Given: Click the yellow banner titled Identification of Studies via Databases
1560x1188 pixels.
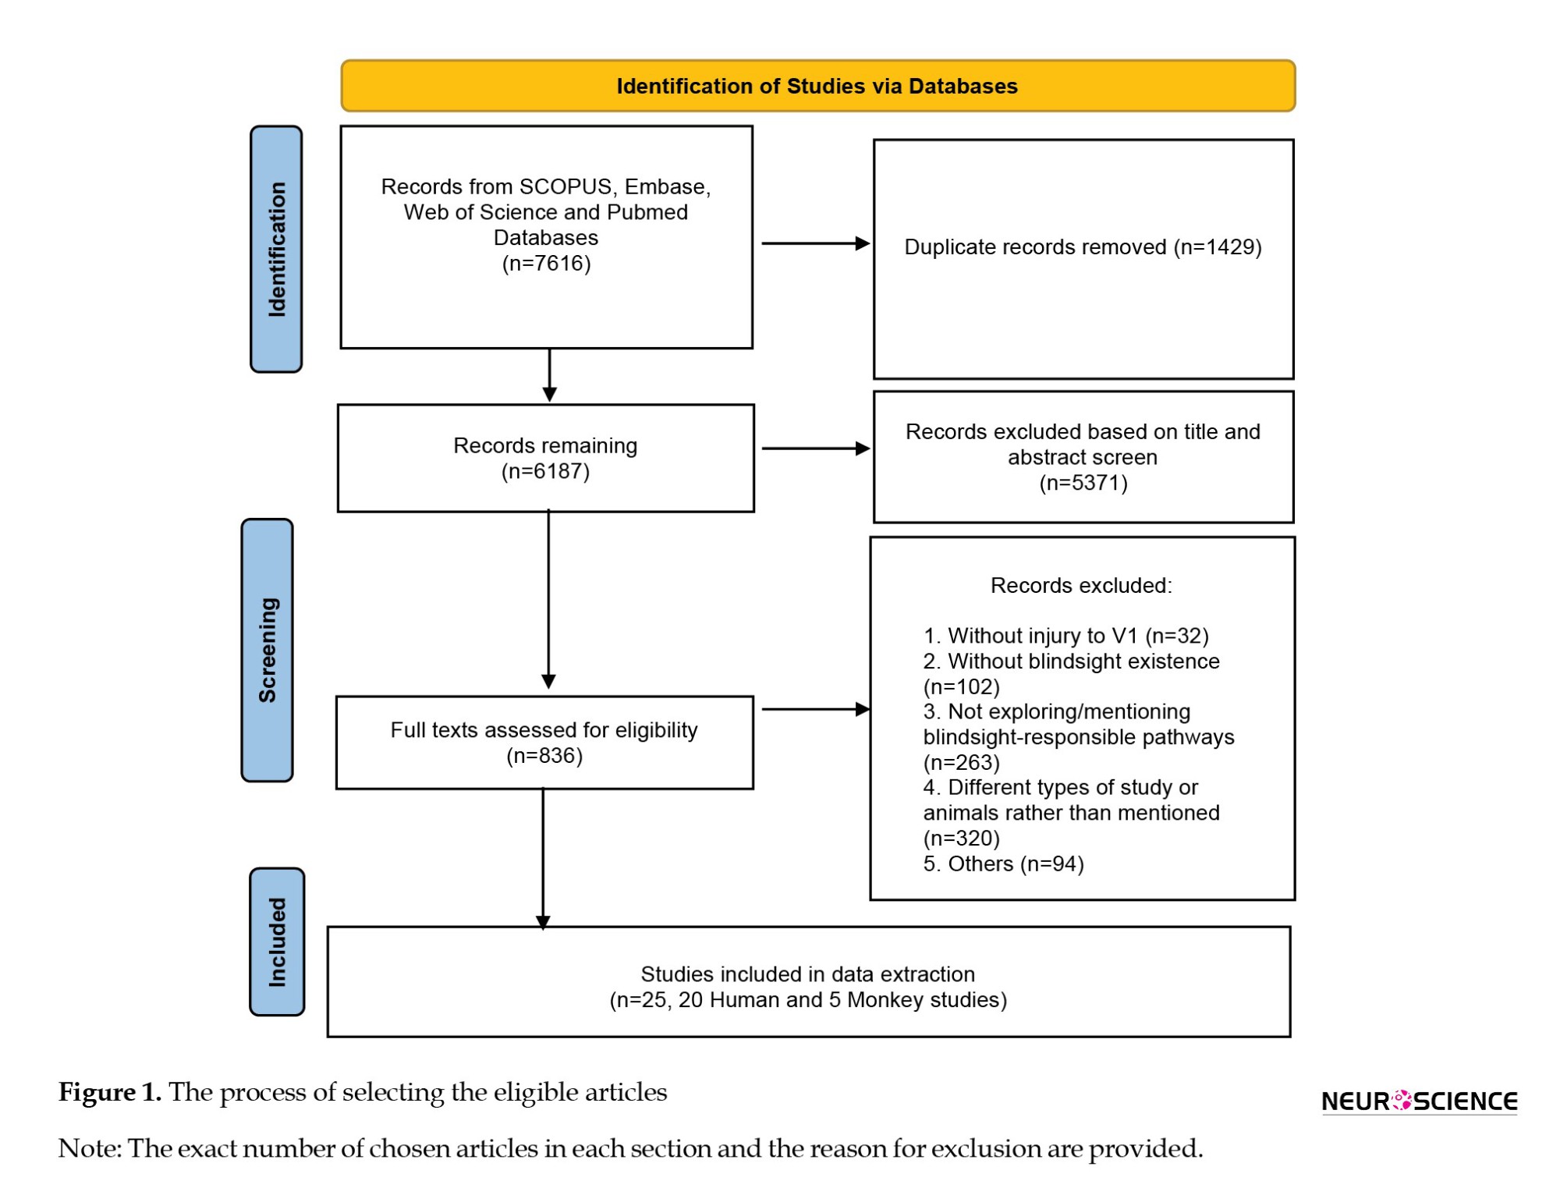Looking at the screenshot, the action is [x=817, y=86].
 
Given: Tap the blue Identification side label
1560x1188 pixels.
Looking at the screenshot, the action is [x=276, y=249].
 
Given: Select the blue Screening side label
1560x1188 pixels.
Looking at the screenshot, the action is [x=268, y=650].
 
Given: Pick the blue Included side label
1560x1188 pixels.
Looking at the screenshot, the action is [x=277, y=942].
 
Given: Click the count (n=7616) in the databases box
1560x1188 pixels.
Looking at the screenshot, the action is [x=546, y=263].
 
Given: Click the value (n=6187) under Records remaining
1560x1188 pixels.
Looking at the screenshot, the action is [x=545, y=471].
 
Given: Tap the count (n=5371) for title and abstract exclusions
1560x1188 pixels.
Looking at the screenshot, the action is [x=1083, y=483].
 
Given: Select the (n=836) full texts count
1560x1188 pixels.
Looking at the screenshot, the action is [x=544, y=756].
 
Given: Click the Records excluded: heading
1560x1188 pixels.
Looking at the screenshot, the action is [x=1081, y=585].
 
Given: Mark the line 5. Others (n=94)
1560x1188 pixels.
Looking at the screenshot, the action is [x=1004, y=864].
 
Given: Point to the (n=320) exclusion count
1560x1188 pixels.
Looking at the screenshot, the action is [x=962, y=839].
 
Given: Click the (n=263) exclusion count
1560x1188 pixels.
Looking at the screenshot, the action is [x=962, y=762].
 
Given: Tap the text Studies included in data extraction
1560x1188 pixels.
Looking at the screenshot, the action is [x=808, y=974].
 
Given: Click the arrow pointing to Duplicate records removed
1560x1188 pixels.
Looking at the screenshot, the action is [x=816, y=243].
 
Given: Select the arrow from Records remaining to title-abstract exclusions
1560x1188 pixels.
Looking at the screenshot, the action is [x=816, y=449].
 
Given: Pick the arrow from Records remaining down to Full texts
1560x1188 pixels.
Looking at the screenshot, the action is [x=548, y=599].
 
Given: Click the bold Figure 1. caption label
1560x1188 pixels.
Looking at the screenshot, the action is [x=110, y=1092].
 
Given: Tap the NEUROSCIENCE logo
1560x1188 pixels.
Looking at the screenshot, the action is [x=1420, y=1101].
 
